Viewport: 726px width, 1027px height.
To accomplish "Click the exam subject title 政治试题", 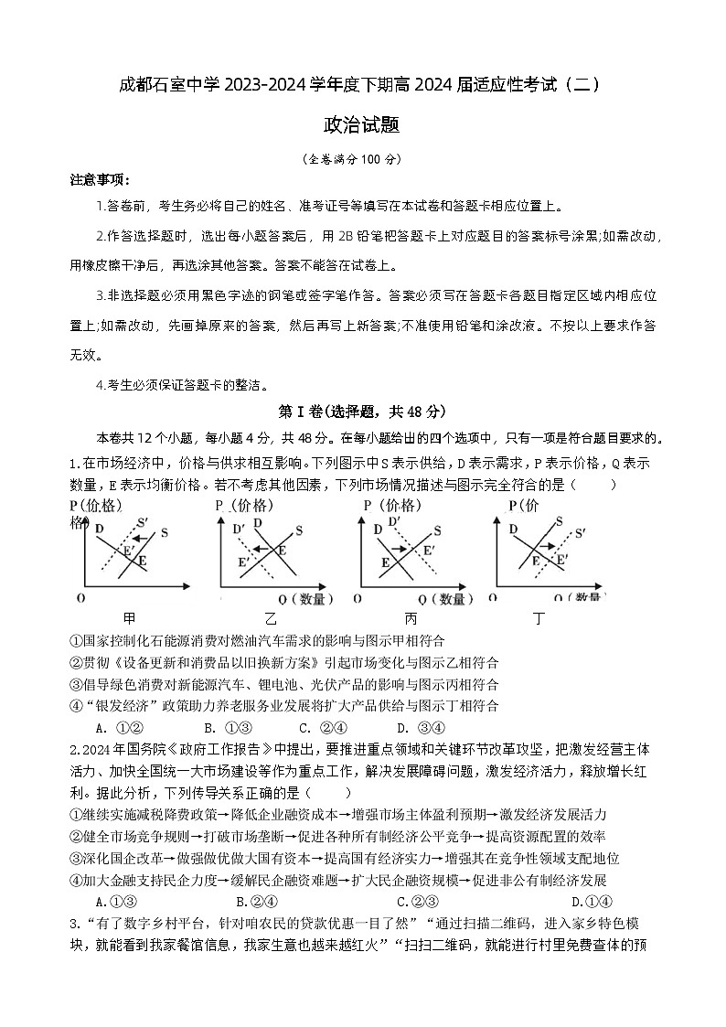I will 362,125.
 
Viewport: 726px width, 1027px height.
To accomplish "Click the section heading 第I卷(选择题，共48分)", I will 362,412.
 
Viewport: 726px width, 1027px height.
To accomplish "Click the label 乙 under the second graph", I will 270,619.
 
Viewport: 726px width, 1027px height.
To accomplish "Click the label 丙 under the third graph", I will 411,619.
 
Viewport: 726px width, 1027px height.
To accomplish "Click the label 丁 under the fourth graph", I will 539,619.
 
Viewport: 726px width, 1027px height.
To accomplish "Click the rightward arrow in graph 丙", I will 404,548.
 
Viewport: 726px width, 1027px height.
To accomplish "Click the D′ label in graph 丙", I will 396,521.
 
